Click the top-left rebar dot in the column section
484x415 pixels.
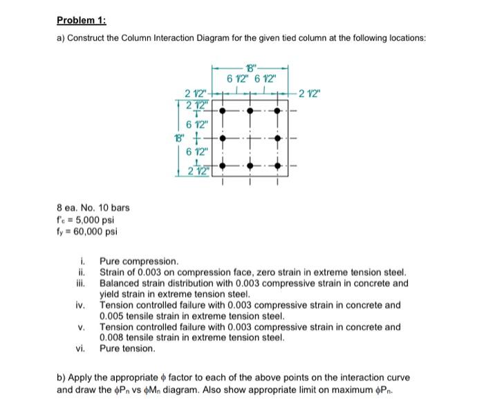point(221,109)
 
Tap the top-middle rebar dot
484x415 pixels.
point(250,109)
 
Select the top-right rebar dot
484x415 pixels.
point(278,109)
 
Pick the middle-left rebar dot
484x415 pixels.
point(221,138)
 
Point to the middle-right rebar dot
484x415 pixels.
point(278,138)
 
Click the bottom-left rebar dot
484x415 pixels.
point(221,167)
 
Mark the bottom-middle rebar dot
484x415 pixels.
point(250,167)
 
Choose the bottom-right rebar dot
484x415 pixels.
point(278,167)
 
